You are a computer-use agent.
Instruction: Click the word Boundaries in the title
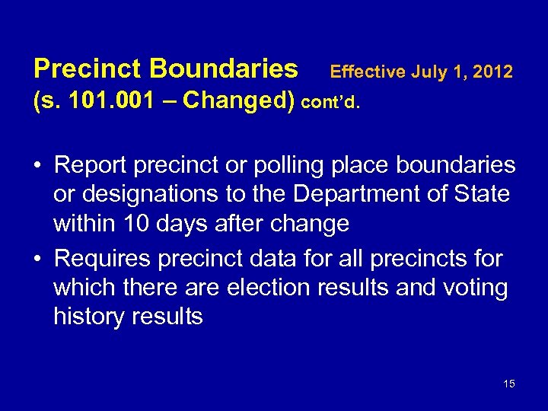(x=224, y=69)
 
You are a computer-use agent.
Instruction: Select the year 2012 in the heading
(x=493, y=72)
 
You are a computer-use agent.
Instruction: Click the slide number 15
(x=509, y=384)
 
